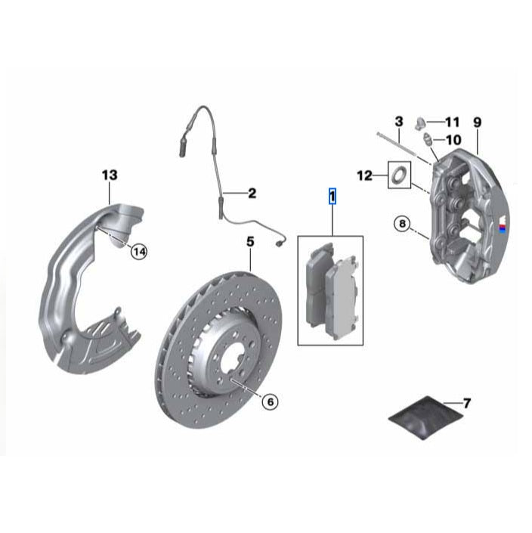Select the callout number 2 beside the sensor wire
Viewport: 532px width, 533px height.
(252, 194)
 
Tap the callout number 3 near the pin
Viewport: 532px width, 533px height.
(398, 121)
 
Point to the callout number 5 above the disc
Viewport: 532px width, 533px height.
(250, 242)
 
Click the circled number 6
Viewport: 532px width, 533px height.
(269, 401)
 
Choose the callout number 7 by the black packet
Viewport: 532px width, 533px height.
(466, 404)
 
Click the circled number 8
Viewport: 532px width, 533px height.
(403, 223)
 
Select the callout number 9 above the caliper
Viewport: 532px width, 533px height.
(477, 122)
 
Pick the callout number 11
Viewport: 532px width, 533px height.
(452, 122)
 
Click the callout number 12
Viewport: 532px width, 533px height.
(365, 175)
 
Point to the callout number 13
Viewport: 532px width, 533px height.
(110, 175)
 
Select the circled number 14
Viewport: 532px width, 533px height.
(138, 252)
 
